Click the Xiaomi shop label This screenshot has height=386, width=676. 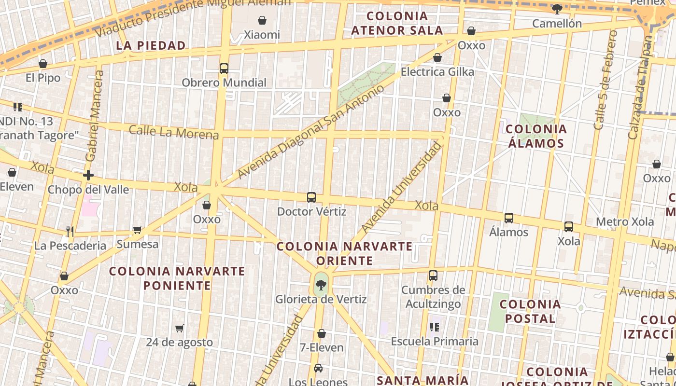click(262, 35)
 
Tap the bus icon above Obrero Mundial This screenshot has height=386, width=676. click(224, 69)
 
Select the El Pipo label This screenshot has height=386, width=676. click(43, 78)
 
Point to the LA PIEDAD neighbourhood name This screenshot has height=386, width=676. click(151, 46)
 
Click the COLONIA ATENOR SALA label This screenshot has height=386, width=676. click(397, 23)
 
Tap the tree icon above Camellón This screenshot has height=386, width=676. click(557, 9)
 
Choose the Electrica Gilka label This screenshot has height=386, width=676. click(437, 72)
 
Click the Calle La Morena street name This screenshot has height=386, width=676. click(174, 132)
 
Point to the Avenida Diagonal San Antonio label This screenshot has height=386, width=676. click(311, 131)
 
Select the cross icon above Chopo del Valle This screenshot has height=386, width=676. click(88, 175)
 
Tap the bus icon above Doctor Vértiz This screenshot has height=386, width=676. click(311, 197)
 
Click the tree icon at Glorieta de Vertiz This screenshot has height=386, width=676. click(321, 285)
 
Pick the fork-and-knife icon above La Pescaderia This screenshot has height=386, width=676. click(70, 232)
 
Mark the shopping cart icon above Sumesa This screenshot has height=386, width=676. click(138, 230)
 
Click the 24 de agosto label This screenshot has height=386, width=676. click(180, 342)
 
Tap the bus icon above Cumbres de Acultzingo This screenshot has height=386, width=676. click(433, 276)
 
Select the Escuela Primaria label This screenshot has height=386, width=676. click(435, 341)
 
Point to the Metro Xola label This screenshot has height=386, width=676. click(625, 222)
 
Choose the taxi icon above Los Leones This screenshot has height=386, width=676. click(318, 368)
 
